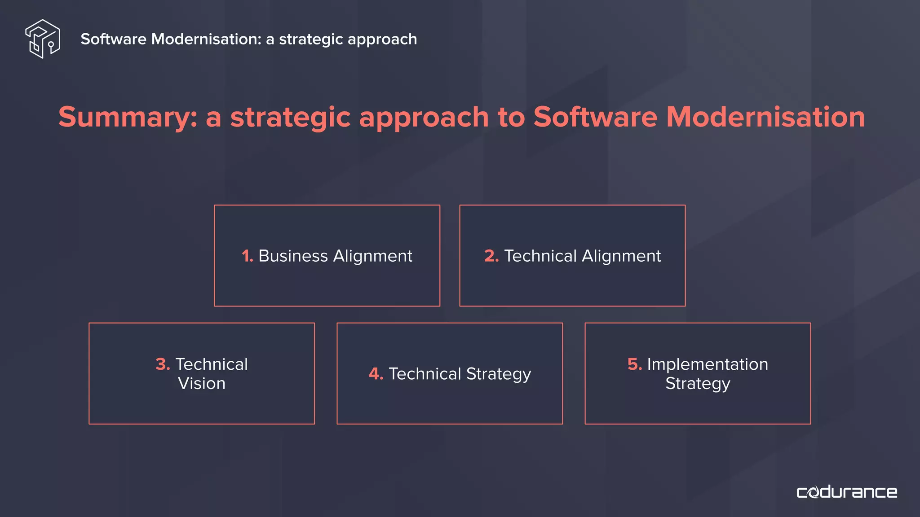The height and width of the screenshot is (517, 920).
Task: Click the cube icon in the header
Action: tap(43, 39)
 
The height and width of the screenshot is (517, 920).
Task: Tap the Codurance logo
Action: tap(847, 492)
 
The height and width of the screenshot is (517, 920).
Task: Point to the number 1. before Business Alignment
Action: tap(247, 256)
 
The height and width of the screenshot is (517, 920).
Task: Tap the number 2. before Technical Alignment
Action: tap(491, 256)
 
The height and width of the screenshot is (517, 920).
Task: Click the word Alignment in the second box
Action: tap(621, 256)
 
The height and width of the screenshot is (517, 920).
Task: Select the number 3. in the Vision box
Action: tap(163, 364)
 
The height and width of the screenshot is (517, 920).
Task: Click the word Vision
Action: tap(202, 383)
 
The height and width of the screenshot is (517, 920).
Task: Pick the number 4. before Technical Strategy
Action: tap(376, 374)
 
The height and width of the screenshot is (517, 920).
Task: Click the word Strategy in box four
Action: tap(499, 374)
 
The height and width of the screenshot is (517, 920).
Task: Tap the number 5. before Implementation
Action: tap(634, 364)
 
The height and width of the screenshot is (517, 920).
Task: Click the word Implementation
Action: tap(708, 364)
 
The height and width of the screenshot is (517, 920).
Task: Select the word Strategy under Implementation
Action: tap(698, 384)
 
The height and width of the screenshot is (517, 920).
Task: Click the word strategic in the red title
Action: tap(290, 118)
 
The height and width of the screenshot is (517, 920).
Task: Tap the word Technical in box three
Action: tap(212, 364)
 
